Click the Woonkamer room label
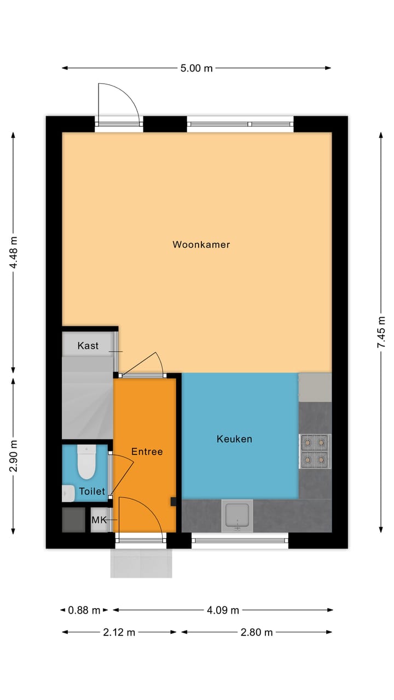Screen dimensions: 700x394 pos(201,244)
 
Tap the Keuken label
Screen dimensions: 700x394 pos(234,439)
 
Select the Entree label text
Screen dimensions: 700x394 pos(147,451)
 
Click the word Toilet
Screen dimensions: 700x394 pos(92,492)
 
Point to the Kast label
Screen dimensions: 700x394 pos(88,346)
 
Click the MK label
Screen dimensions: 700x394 pos(99,520)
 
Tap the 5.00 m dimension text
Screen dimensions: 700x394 pos(196,68)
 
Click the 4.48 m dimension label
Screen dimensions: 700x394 pos(14,251)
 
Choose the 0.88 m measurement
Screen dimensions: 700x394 pos(84,610)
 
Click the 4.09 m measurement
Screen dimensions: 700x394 pos(222,610)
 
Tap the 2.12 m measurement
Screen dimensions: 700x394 pos(119,632)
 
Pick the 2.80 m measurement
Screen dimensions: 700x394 pos(256,632)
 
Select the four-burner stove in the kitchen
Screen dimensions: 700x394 pos(315,451)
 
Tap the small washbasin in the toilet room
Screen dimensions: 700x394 pos(68,493)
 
